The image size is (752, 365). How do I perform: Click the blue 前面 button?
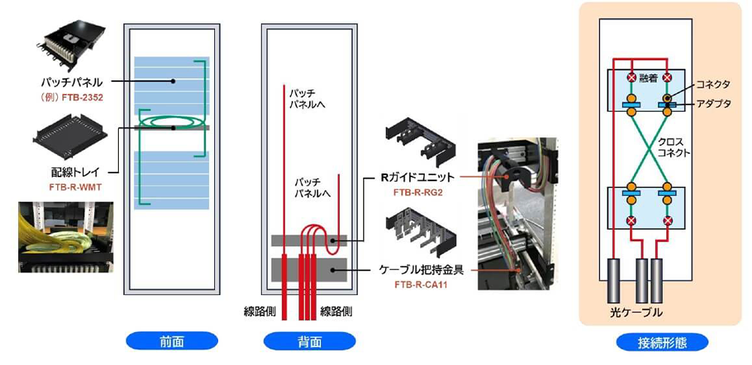165,342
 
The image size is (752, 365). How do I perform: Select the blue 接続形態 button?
662,342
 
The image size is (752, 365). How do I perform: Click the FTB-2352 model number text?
82,97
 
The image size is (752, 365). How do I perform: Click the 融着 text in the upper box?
648,78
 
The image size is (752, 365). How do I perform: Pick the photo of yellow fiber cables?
66,235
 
